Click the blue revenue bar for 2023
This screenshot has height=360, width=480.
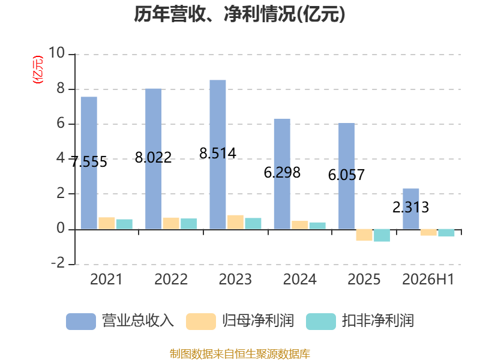218,154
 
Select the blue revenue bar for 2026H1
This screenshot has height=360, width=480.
411,209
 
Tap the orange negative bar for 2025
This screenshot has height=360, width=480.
364,235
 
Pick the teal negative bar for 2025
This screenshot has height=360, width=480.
382,235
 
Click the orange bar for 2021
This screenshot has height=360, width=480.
107,223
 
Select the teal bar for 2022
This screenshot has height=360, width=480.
188,224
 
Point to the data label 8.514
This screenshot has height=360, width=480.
218,153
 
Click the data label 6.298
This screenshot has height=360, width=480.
282,173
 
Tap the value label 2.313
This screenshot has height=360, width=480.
411,207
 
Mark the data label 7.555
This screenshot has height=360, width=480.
89,161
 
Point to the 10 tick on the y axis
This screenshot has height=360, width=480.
56,53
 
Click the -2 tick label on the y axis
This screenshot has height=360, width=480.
58,263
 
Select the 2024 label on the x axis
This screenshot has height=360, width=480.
299,279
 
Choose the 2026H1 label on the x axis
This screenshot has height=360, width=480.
428,279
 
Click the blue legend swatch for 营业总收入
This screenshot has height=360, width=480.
81,322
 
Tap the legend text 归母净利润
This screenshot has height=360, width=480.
258,321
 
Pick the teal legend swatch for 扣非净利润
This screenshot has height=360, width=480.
321,322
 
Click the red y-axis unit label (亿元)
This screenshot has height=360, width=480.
38,70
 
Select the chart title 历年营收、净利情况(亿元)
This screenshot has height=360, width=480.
239,14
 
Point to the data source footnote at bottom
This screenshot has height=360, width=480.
240,354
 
